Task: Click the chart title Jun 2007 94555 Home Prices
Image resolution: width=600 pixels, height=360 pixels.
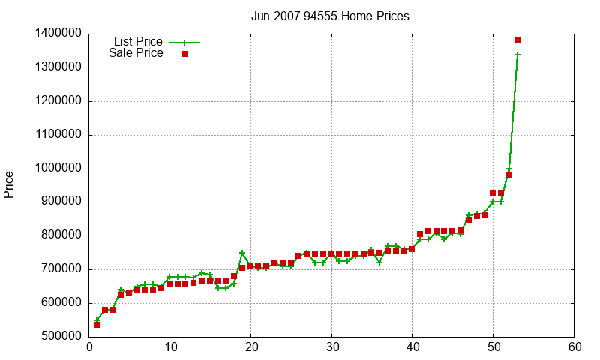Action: tap(330, 16)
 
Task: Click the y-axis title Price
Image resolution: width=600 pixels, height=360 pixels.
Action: tap(9, 184)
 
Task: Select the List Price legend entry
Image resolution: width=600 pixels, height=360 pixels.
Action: tap(138, 42)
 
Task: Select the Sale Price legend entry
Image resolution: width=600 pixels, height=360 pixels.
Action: tap(136, 53)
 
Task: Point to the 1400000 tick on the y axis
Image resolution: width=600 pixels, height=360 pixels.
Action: tap(58, 34)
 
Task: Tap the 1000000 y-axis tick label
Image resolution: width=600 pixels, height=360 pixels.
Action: tap(58, 169)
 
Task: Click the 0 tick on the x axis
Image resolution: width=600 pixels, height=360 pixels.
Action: tap(89, 347)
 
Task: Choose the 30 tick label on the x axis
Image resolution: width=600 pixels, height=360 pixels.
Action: tap(331, 347)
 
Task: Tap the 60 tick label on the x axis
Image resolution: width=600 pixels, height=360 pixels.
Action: tap(574, 347)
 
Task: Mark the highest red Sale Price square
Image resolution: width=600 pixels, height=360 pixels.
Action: tap(517, 40)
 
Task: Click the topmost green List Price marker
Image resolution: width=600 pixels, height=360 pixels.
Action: tap(517, 55)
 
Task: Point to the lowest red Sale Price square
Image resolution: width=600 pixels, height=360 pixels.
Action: tap(97, 325)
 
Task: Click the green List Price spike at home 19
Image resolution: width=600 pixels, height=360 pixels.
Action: tap(242, 253)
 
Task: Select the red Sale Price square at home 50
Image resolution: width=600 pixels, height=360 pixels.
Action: tap(493, 193)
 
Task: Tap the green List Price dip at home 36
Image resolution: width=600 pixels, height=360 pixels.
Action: tap(379, 262)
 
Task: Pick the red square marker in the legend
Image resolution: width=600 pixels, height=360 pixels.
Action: tap(184, 53)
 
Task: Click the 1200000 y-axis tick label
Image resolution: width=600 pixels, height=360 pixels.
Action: tap(58, 101)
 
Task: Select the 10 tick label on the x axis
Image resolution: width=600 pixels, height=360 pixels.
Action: tap(170, 347)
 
